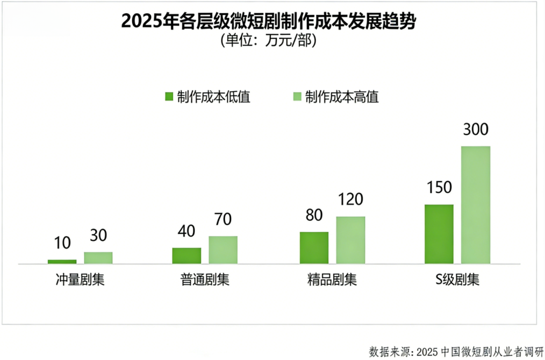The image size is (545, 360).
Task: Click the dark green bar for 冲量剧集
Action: [x=62, y=262]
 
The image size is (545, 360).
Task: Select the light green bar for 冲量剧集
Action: [x=98, y=258]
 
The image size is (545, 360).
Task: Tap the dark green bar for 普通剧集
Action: [x=187, y=255]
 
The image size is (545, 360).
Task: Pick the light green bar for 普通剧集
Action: [x=223, y=250]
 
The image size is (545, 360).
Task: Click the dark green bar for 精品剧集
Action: [x=314, y=248]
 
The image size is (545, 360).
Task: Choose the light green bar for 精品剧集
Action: [x=351, y=240]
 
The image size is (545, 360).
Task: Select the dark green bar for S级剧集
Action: [x=439, y=234]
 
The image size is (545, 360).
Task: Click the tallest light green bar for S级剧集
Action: [x=476, y=204]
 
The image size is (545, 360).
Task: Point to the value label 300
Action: [x=475, y=130]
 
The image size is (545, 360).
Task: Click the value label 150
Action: [x=439, y=188]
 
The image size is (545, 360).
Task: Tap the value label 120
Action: [x=350, y=200]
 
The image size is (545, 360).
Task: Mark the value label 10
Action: [x=62, y=243]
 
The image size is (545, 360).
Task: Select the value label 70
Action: [x=223, y=220]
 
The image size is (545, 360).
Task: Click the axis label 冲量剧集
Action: [x=80, y=280]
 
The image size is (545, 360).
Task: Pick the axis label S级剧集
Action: [x=457, y=280]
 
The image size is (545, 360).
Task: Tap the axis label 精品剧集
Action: [x=332, y=280]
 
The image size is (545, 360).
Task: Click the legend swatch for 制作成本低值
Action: [x=169, y=97]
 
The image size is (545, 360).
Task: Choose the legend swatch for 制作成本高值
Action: [x=297, y=97]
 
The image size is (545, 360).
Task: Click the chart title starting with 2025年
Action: [x=268, y=22]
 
